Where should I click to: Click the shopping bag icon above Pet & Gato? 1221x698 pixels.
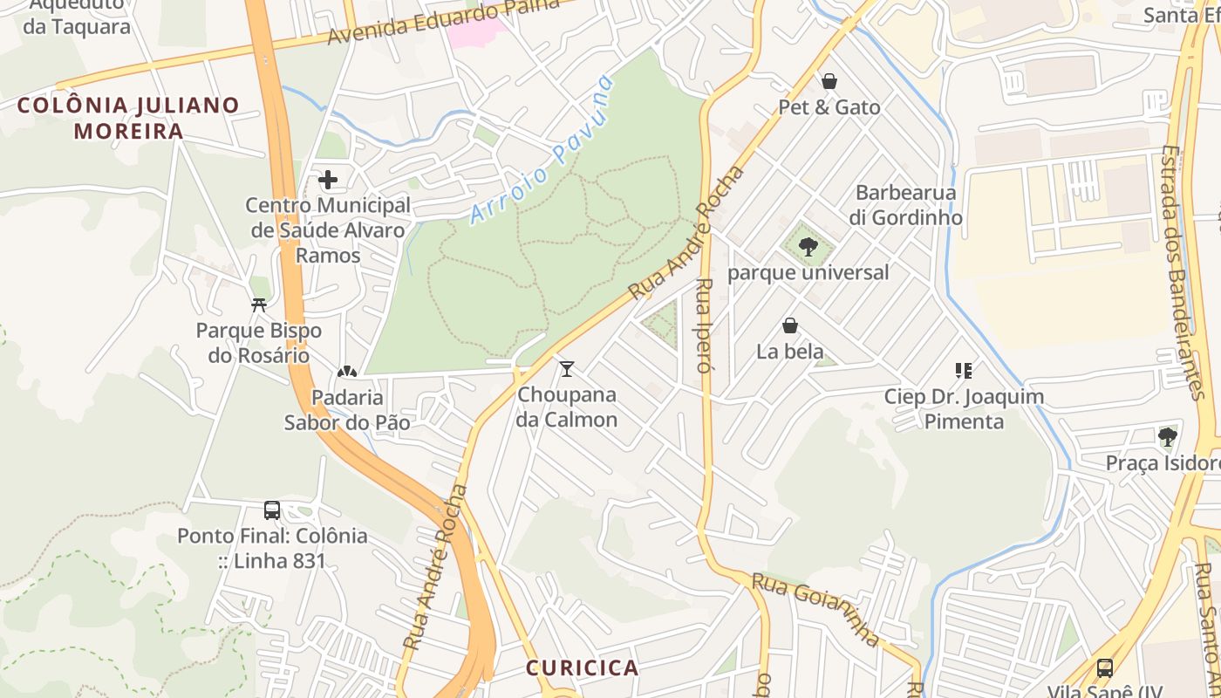[x=829, y=81]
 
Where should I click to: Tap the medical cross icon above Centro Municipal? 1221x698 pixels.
[x=328, y=180]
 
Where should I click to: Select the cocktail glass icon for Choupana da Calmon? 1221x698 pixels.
[x=567, y=369]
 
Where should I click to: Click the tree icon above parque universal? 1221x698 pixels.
[x=808, y=246]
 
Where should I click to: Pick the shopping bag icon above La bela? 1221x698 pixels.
[x=790, y=325]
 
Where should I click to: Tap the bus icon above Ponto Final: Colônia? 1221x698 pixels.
[x=272, y=510]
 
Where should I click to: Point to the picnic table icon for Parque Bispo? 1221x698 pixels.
[x=258, y=305]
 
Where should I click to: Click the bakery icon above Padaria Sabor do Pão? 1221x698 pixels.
[x=347, y=373]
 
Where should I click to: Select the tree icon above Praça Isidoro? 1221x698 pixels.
[x=1167, y=436]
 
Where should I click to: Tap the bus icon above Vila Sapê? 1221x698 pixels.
[x=1104, y=668]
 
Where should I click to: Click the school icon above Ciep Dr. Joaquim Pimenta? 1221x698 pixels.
[x=964, y=371]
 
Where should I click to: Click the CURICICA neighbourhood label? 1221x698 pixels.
[x=582, y=668]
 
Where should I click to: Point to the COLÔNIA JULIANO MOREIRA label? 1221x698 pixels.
[x=128, y=119]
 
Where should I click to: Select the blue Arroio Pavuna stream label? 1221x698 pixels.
[x=542, y=151]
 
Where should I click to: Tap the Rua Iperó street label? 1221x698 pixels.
[x=705, y=325]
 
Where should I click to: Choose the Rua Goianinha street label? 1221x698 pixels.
[x=815, y=609]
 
